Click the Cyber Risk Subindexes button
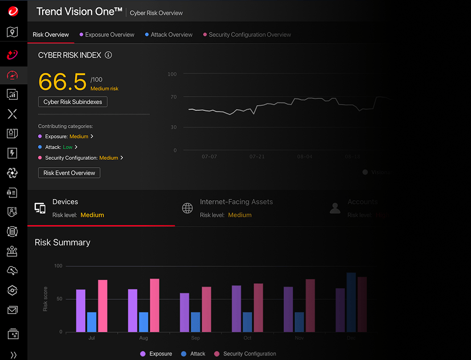pos(72,102)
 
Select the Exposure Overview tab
pos(109,35)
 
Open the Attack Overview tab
pos(171,35)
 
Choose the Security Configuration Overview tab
pos(249,35)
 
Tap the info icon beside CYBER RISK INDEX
pos(109,55)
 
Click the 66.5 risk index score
pos(63,82)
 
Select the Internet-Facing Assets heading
pos(236,202)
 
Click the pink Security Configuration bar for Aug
pos(155,305)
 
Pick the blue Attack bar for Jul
pos(92,321)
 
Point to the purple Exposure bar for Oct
pos(237,308)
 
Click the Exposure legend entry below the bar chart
pos(156,354)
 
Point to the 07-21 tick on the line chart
pos(257,156)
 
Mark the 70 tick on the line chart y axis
pos(173,97)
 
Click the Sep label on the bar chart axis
pos(195,338)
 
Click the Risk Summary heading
pos(63,242)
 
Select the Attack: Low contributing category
pos(59,147)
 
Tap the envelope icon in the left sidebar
pos(13,310)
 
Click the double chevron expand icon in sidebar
pos(13,354)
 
